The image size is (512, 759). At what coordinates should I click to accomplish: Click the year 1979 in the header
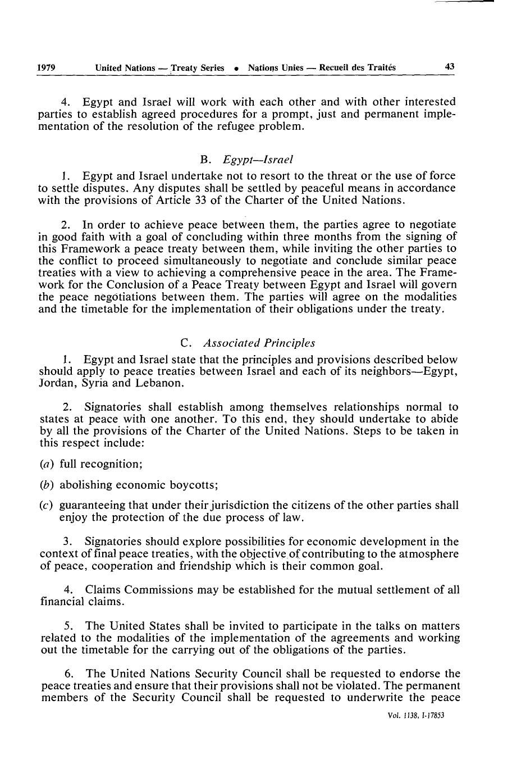[46, 67]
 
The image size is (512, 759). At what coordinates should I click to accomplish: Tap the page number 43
[449, 67]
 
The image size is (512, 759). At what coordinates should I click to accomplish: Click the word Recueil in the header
[337, 67]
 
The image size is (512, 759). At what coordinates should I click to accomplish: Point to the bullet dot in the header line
[237, 69]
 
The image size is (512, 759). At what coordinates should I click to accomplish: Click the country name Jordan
[56, 384]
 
